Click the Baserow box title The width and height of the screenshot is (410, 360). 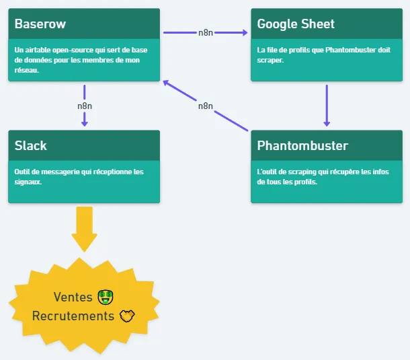(x=40, y=24)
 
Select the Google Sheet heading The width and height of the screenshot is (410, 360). (x=296, y=24)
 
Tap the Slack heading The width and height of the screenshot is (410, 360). (x=31, y=145)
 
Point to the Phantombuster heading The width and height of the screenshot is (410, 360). (x=302, y=145)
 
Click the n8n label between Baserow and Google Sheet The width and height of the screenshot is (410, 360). (x=206, y=32)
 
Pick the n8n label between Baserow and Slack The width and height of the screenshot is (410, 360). (x=85, y=106)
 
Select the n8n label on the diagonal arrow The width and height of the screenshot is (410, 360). (x=206, y=106)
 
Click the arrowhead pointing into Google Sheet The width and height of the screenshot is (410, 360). (x=244, y=32)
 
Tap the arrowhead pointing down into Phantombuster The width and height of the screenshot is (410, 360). (x=327, y=122)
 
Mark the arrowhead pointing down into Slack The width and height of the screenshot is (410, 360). (x=85, y=122)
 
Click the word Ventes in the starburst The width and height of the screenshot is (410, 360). (x=73, y=297)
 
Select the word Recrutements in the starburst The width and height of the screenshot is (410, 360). (x=73, y=316)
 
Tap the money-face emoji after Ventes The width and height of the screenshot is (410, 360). (x=104, y=297)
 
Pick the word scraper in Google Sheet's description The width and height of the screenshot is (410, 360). (x=271, y=60)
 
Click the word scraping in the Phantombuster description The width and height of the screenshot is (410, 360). (x=295, y=172)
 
